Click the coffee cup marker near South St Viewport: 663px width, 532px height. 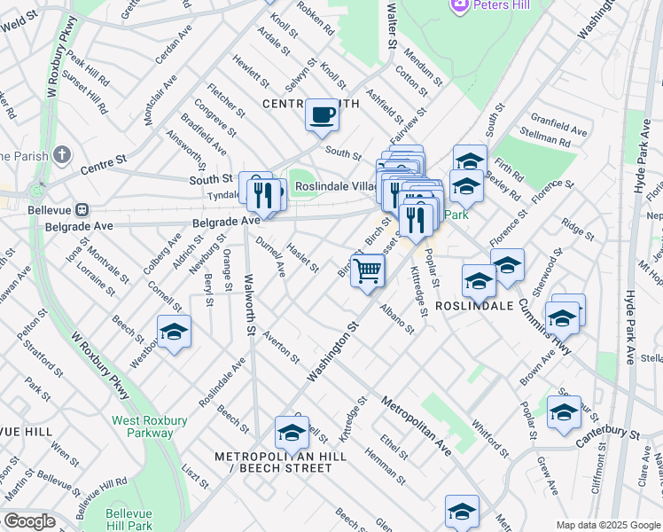(x=323, y=115)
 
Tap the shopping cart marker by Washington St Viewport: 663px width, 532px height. (x=367, y=270)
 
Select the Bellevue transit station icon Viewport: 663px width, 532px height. (x=82, y=211)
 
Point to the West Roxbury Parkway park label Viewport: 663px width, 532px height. (x=143, y=426)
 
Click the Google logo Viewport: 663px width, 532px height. (x=29, y=521)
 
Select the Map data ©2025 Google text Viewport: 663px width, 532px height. (x=607, y=525)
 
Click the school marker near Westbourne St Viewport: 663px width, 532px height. (x=175, y=332)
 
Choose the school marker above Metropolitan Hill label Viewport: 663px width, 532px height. (x=291, y=433)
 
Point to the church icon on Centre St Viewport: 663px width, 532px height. (x=61, y=156)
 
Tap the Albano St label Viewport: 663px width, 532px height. (x=397, y=317)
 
